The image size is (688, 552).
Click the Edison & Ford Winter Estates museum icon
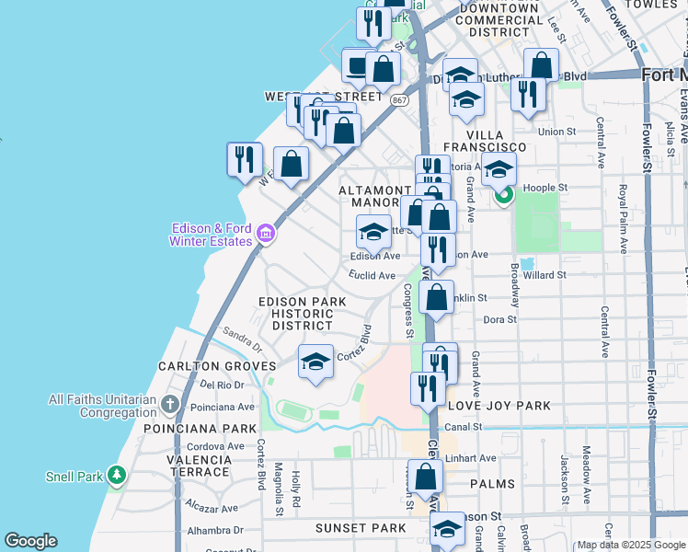[x=266, y=235]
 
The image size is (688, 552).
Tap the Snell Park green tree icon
[x=116, y=476]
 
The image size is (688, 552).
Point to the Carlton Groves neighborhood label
[x=204, y=366]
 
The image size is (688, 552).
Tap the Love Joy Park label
[x=499, y=406]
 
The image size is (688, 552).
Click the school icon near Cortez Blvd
[x=315, y=362]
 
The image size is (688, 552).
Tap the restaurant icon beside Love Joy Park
[x=426, y=387]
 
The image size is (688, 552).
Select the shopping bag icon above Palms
[x=425, y=477]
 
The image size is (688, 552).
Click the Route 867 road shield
[x=398, y=99]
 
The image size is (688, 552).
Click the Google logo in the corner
[x=30, y=541]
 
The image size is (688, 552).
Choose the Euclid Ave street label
[x=372, y=275]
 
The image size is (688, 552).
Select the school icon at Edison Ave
[x=373, y=233]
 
